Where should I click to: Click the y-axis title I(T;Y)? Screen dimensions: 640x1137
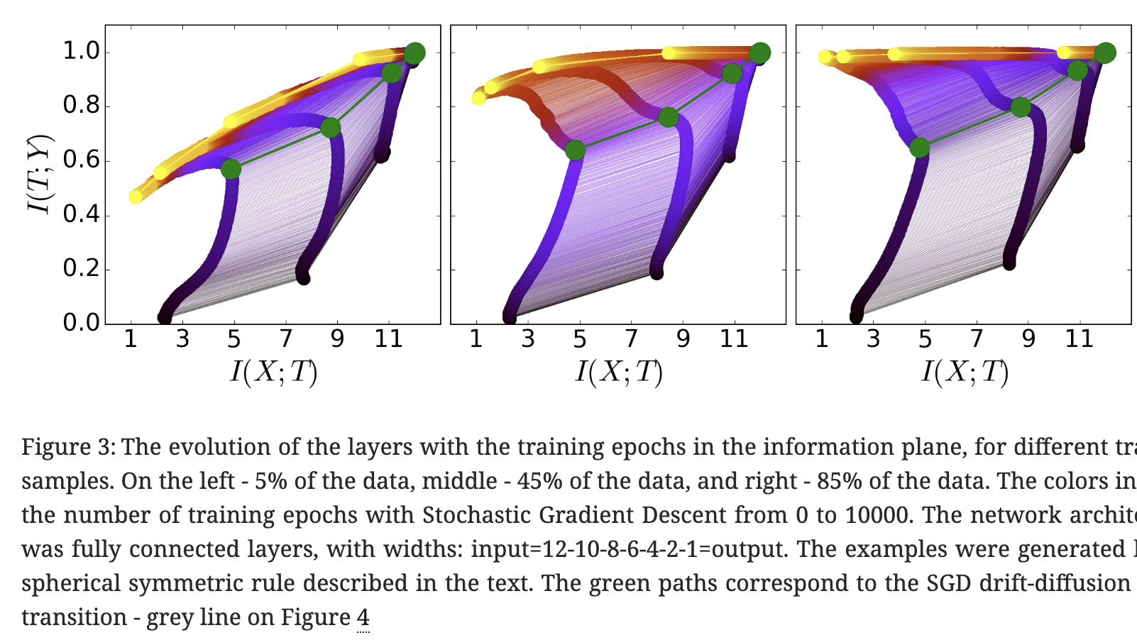(40, 173)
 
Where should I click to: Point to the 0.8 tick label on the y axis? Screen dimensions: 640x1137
(81, 106)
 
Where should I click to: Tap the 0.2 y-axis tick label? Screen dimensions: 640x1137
(81, 268)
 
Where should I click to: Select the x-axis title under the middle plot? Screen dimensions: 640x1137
(619, 372)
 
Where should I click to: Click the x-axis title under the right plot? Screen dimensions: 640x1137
(965, 372)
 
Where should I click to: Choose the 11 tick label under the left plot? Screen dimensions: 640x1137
(389, 339)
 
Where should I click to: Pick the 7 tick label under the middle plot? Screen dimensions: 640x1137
(631, 339)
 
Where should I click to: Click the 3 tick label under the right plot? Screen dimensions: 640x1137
(873, 339)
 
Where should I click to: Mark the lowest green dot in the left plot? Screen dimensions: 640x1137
(231, 170)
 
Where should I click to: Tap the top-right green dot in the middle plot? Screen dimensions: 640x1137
(759, 53)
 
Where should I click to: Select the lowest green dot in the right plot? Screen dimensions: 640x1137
(919, 148)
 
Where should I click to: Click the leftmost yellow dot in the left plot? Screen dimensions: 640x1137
(136, 197)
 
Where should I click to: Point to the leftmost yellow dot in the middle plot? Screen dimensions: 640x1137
(479, 98)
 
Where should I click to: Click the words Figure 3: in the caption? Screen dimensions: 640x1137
(68, 447)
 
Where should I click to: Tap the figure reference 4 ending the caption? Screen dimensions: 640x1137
(363, 617)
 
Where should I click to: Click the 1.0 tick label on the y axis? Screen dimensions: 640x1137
(81, 51)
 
